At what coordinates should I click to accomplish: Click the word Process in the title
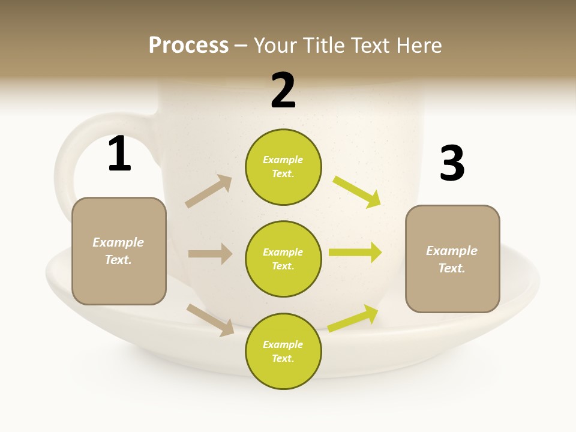(188, 46)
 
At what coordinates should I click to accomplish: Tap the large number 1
(119, 154)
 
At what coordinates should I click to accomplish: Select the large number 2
(283, 91)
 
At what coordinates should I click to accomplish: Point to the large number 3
(452, 164)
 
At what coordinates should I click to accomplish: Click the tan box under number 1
(119, 251)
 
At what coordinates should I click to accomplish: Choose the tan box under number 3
(452, 259)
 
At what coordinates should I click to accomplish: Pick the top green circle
(283, 167)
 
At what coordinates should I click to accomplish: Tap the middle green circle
(283, 259)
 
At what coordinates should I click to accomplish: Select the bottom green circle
(283, 351)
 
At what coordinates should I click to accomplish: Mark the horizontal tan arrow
(210, 254)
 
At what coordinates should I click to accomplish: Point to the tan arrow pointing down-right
(211, 320)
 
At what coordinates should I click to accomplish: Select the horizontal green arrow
(355, 253)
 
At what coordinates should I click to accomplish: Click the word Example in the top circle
(283, 160)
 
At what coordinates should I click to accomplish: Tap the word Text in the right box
(451, 268)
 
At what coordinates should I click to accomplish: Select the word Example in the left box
(118, 242)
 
